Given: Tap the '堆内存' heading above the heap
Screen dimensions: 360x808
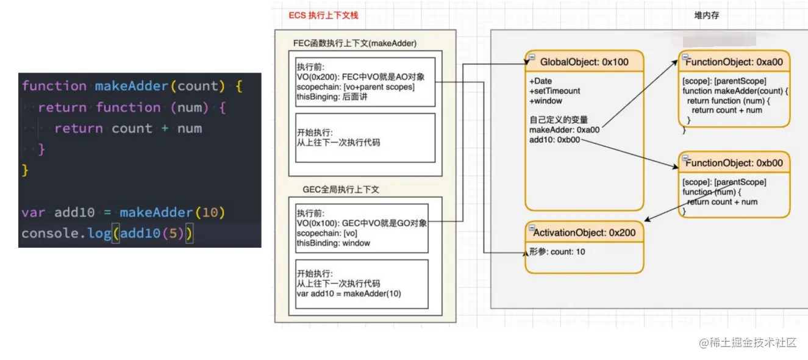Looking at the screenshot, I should tap(706, 15).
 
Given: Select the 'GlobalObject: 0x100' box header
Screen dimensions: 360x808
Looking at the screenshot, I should tap(584, 62).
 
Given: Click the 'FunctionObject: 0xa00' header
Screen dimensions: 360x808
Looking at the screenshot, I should tap(734, 62).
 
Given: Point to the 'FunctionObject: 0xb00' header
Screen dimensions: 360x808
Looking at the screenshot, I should tap(734, 163).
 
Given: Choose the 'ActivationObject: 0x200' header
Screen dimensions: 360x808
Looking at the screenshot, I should tap(584, 232).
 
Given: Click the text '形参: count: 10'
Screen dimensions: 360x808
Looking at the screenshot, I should tap(557, 251).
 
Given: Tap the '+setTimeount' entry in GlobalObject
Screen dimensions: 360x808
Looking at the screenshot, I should tap(554, 91).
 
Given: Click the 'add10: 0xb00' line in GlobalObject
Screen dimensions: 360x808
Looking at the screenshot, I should tap(555, 140).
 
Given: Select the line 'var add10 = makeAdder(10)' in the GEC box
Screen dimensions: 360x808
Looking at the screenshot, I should tap(349, 293).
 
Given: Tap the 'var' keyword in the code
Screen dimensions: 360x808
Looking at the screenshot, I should tap(34, 212).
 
